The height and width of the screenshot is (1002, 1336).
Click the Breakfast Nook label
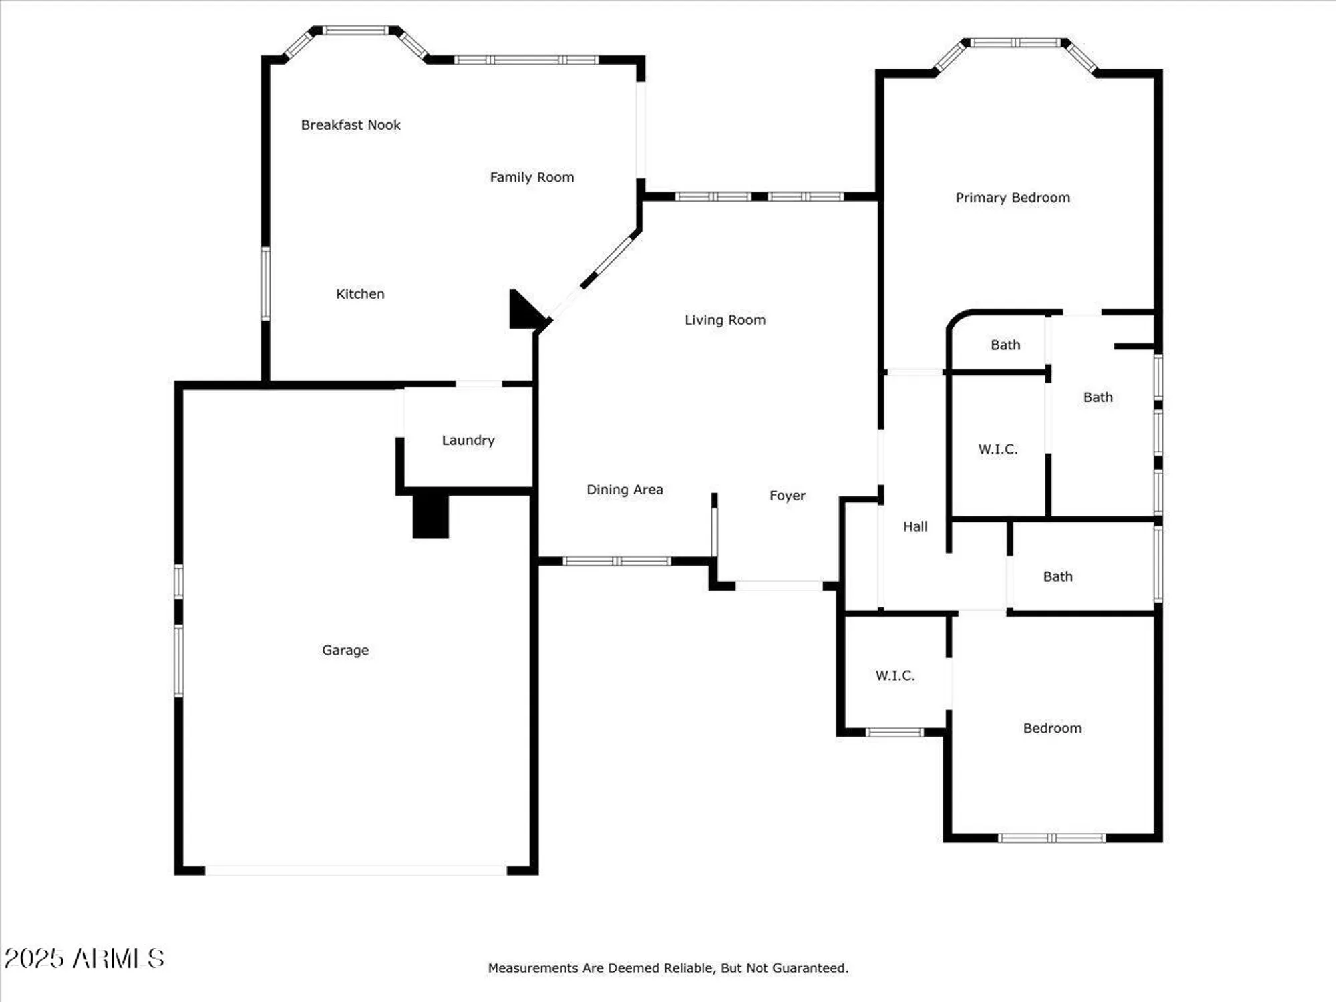[351, 125]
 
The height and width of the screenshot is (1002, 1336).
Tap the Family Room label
[532, 177]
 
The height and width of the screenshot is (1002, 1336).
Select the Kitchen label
[360, 294]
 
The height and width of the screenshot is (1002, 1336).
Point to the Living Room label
[725, 320]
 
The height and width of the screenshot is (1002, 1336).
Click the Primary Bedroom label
[1013, 198]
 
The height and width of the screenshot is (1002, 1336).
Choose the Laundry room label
[468, 440]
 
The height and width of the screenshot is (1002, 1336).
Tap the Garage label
[345, 650]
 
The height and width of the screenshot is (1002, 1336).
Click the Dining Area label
[625, 490]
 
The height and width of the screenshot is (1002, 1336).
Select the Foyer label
[787, 496]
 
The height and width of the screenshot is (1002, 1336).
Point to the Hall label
[915, 526]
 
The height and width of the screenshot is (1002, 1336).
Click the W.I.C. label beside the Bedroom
[895, 675]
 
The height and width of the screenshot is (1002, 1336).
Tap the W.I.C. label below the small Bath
[998, 449]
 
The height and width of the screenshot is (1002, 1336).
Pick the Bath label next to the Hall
[1057, 576]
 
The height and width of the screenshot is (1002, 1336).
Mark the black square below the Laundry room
[430, 516]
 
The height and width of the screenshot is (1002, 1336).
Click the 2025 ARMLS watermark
[84, 959]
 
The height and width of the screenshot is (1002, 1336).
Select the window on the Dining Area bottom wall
[617, 561]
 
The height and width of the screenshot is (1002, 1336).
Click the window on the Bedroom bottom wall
[1051, 838]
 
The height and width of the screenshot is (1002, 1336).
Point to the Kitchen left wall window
[265, 283]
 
